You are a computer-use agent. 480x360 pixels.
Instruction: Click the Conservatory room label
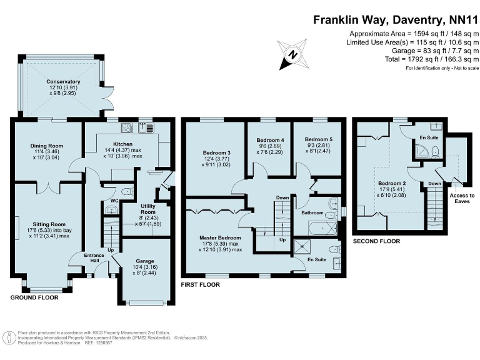click(x=63, y=82)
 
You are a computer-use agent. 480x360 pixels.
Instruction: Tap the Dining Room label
click(x=47, y=146)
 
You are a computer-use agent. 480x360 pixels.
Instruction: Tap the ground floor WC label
click(x=114, y=201)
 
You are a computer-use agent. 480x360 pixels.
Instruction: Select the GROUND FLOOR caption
click(x=34, y=297)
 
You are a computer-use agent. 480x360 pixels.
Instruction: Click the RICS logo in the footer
click(x=9, y=338)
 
